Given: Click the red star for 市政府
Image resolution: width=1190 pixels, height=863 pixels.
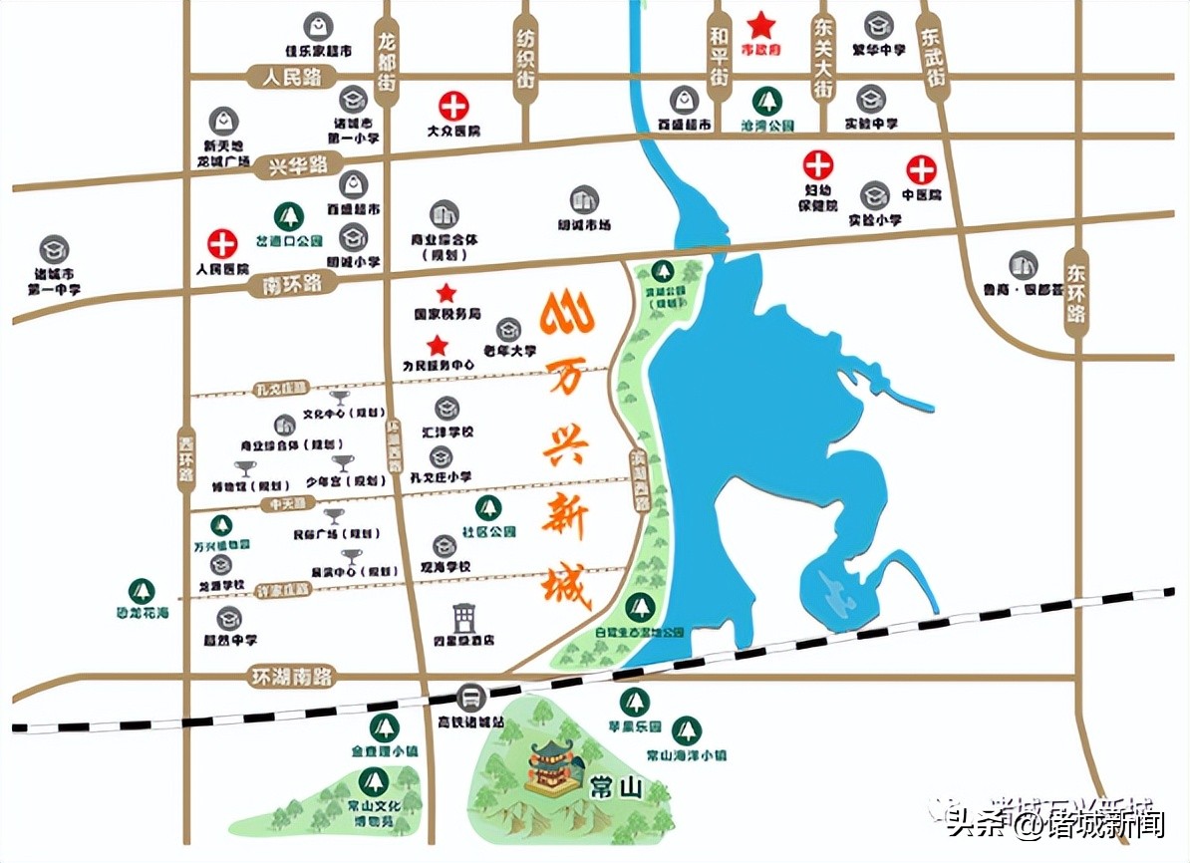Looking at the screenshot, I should coord(761,24).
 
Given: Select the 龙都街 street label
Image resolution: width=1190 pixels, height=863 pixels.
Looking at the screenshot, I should coord(388,65).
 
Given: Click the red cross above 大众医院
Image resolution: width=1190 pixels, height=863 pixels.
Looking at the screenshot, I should coord(453,105).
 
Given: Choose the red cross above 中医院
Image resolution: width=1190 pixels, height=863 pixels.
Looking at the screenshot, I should coord(921,169).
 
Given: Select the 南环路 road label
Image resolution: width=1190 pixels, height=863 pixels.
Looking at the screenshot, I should coord(285,285).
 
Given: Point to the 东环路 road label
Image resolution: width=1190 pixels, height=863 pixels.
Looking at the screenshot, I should coord(1075,290).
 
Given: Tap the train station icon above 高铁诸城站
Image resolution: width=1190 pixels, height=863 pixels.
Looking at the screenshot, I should coord(471,697).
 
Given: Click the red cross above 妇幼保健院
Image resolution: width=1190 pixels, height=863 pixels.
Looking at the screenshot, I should coord(818,164).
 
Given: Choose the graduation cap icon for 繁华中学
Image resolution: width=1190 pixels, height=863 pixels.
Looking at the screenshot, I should coord(878,24).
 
